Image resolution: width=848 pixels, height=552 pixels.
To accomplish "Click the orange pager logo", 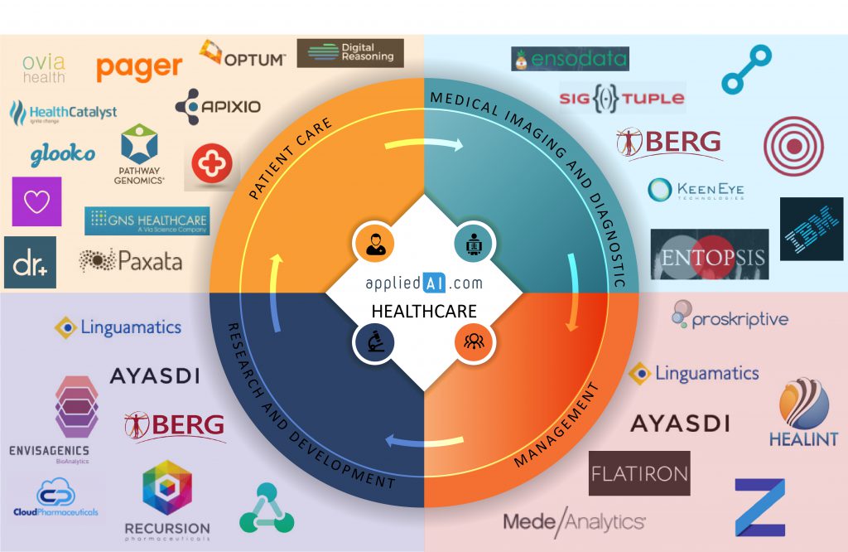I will coord(139,67).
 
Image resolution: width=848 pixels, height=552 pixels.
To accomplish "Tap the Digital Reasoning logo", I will coord(349,53).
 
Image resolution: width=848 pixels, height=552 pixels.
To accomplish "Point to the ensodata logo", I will coord(570,60).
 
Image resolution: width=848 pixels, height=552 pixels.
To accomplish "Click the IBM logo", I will coord(812,229).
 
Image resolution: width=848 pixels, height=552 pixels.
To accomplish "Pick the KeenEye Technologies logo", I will coord(696,190).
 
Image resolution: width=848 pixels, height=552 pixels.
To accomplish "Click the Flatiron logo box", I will coord(638,473).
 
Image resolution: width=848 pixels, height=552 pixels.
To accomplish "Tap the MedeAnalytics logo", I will coord(574,521).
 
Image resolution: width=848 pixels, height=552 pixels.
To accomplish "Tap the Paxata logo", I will coord(130,261).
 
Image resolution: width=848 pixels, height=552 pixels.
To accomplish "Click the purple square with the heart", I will coord(36,201).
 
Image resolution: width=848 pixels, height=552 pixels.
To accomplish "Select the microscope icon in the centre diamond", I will coord(372,341).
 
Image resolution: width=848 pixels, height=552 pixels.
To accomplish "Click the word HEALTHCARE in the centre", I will coord(424,312).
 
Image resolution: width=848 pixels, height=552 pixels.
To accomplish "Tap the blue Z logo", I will coord(759,507).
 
